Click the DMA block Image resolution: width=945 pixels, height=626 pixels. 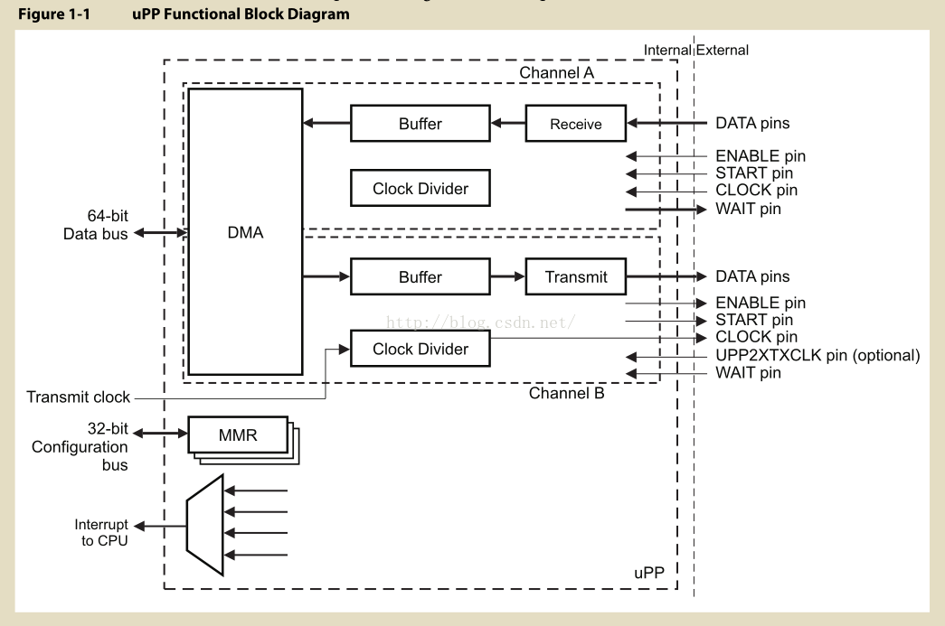click(245, 232)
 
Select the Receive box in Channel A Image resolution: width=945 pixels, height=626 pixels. click(576, 124)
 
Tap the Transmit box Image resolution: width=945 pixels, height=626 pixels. click(576, 276)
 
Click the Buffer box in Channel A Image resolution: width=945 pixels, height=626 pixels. click(420, 124)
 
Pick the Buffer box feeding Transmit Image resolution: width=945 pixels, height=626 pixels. click(420, 276)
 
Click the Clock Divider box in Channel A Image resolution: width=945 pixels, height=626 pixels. click(420, 189)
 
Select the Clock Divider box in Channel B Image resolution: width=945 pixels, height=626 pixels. click(420, 349)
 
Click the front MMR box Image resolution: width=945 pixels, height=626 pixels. click(238, 435)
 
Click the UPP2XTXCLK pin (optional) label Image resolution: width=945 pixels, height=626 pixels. click(817, 355)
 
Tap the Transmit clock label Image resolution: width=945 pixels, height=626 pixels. click(79, 397)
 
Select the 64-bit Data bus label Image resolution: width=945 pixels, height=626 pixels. click(96, 224)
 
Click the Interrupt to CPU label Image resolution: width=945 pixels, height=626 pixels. click(101, 532)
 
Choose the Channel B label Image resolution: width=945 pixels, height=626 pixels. click(566, 393)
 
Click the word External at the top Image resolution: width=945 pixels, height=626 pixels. click(723, 50)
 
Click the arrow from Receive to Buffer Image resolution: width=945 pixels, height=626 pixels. click(506, 124)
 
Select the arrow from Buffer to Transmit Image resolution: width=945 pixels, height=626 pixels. click(506, 276)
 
